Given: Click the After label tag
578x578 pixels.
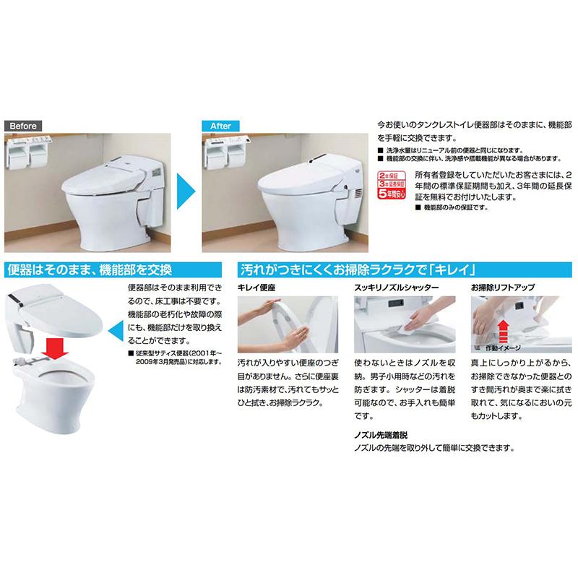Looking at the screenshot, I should point(219,125).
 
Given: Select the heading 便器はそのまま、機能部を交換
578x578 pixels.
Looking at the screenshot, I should point(88,271).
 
